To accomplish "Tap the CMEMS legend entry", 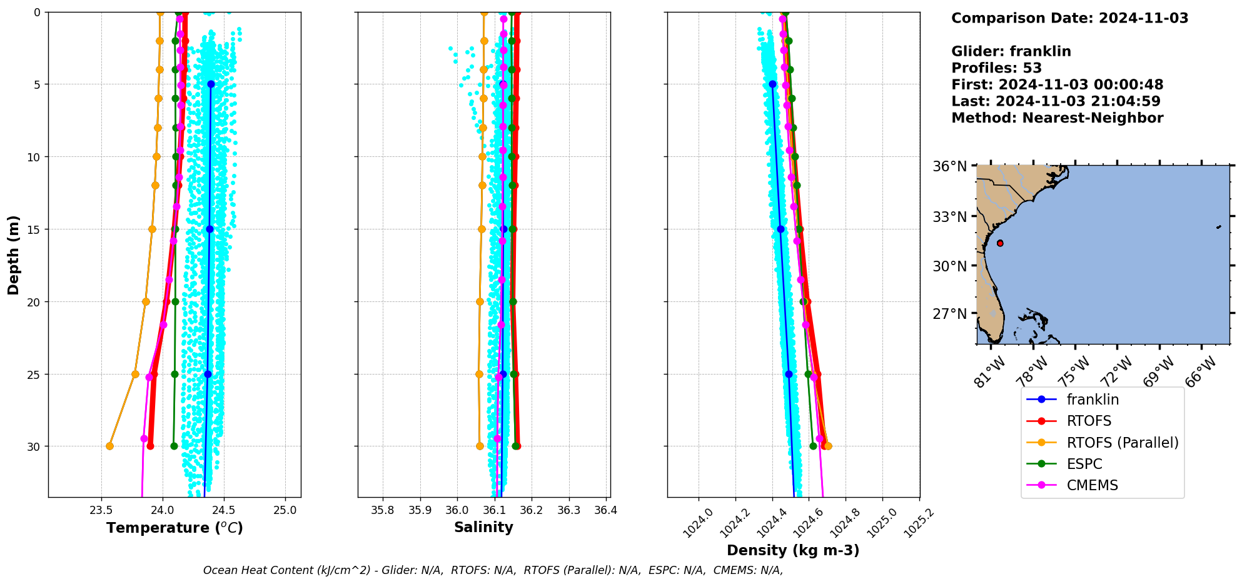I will pos(1092,485).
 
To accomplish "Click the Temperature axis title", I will pos(174,528).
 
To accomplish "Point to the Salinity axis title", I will pos(483,527).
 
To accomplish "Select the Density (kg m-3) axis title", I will pos(793,550).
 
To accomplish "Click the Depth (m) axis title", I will pos(13,254).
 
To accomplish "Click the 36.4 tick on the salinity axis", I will pos(605,510).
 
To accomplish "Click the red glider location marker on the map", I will pos(1000,243).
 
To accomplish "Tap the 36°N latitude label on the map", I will pos(949,166).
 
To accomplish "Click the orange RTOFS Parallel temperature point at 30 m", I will pos(109,446).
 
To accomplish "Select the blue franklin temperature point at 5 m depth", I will pos(211,84).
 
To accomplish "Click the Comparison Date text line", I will pos(1069,18).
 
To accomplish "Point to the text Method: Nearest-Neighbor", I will pos(1057,118).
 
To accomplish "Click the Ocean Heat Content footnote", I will pos(493,570).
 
